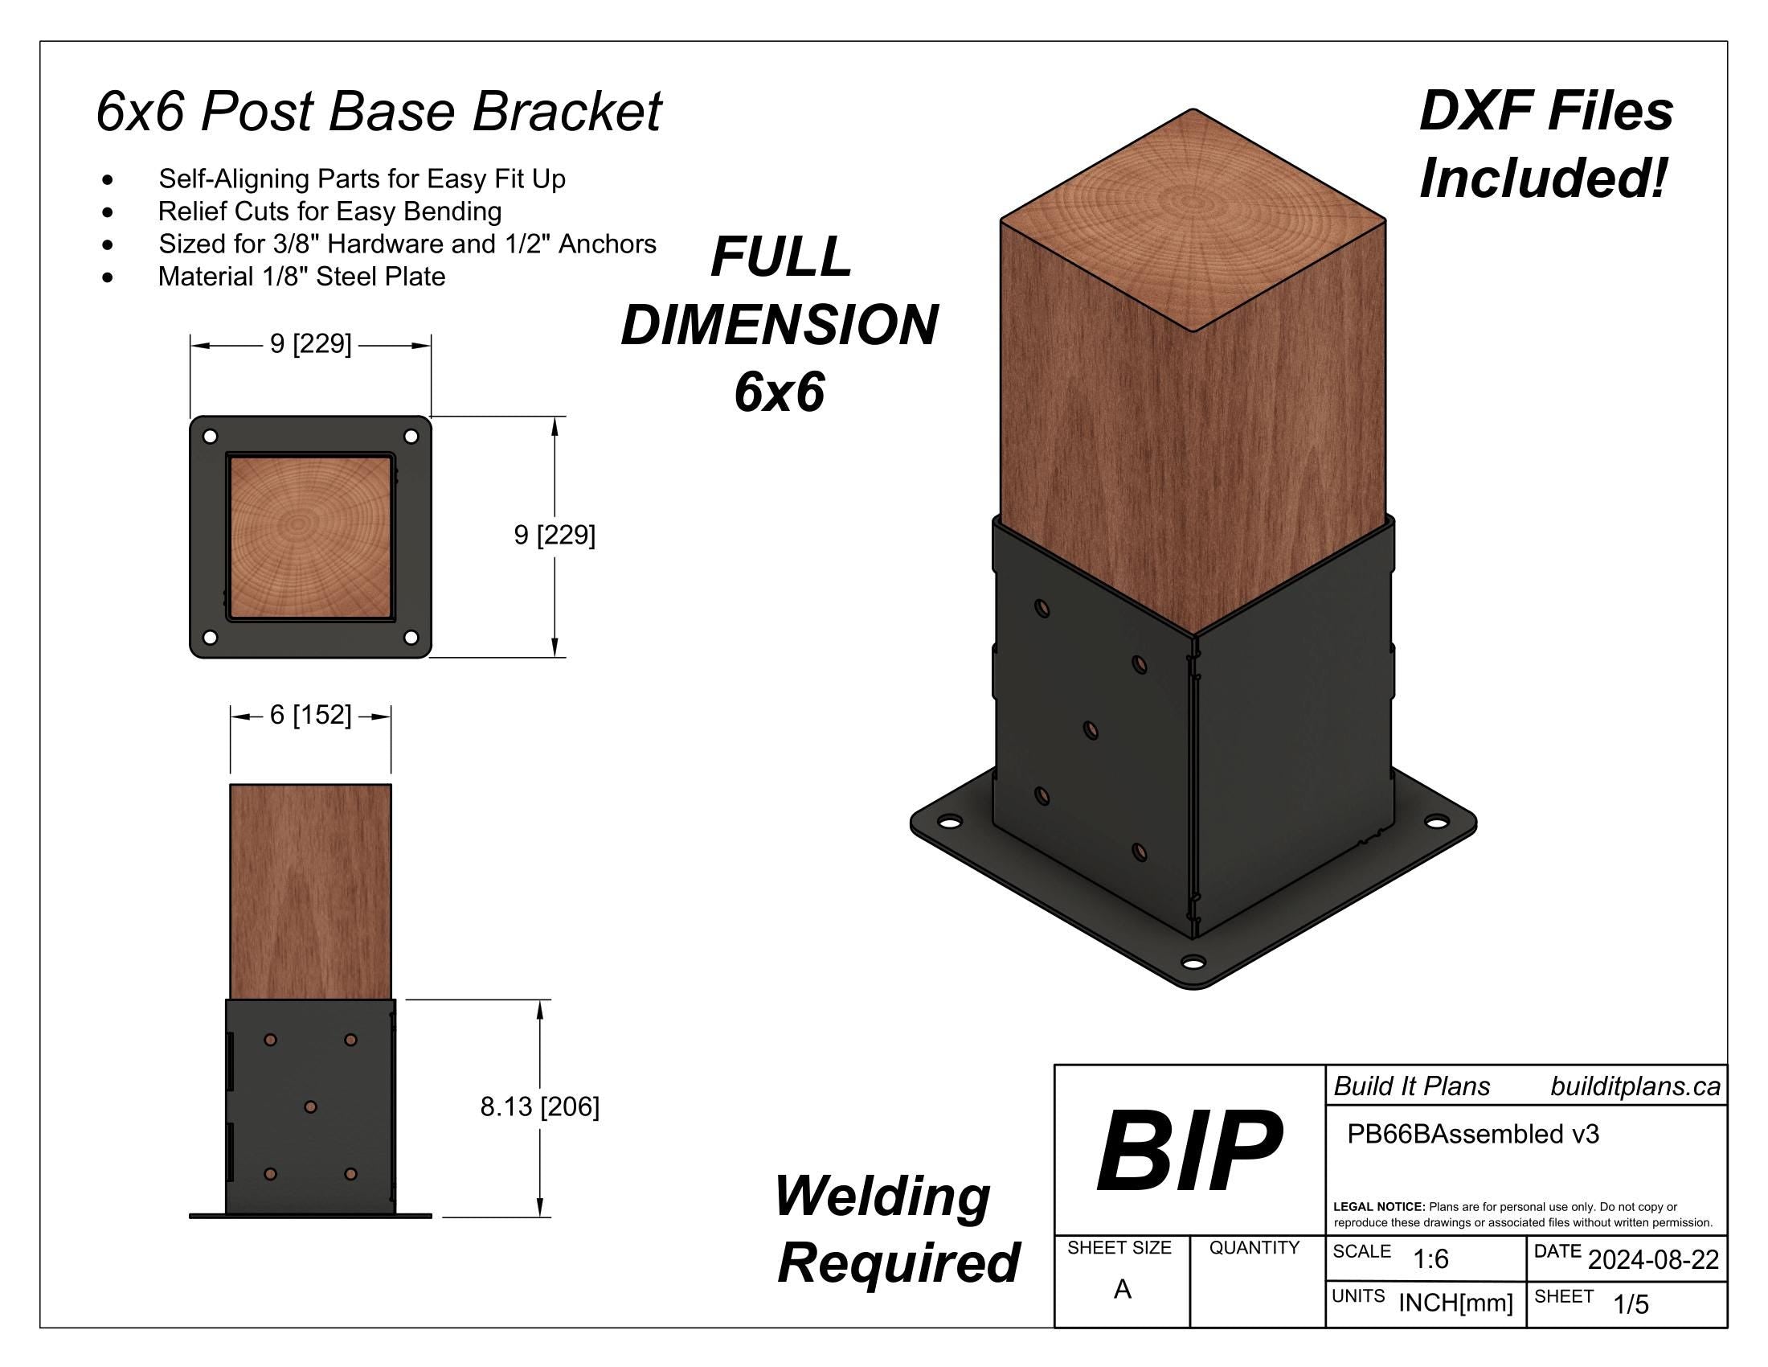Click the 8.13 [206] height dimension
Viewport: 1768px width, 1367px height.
pos(540,1106)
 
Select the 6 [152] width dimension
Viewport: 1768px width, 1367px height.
pos(310,715)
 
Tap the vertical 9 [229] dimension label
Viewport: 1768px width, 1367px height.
pos(555,536)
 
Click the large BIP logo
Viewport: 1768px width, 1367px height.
pos(1189,1151)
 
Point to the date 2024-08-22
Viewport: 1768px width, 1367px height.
pos(1653,1260)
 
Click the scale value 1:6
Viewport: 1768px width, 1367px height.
pos(1430,1259)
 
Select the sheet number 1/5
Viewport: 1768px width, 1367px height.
pos(1631,1303)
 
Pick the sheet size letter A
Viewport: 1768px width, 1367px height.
pos(1122,1288)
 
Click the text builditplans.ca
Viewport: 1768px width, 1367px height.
pos(1635,1086)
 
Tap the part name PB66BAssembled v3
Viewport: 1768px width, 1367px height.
pos(1472,1134)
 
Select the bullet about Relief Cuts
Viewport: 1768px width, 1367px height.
pos(329,211)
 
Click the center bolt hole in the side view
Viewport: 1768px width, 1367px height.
pos(310,1106)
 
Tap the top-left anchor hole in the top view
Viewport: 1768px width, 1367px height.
pos(210,437)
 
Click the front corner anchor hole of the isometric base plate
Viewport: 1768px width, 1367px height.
pos(1193,963)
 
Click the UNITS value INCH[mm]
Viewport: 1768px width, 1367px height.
pos(1455,1303)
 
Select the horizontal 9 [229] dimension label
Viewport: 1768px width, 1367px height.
pos(311,344)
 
